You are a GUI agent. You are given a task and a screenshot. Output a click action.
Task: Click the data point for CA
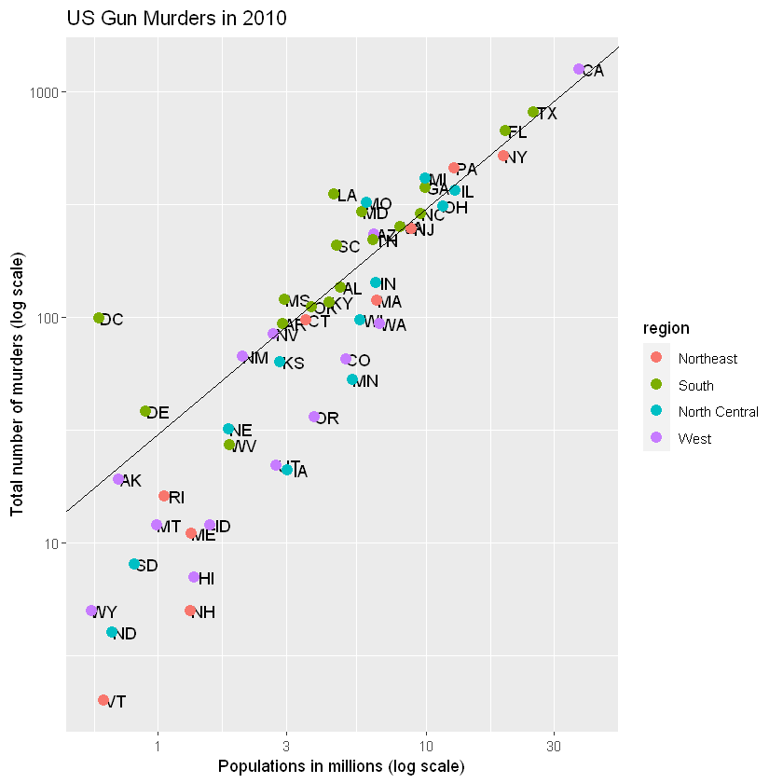pyautogui.click(x=579, y=69)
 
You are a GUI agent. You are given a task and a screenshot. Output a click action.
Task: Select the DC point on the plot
pyautogui.click(x=99, y=318)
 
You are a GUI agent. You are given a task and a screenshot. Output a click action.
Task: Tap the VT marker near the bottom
pyautogui.click(x=103, y=700)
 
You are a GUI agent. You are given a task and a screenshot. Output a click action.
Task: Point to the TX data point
pyautogui.click(x=533, y=112)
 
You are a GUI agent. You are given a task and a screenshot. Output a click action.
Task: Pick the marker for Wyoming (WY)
pyautogui.click(x=91, y=611)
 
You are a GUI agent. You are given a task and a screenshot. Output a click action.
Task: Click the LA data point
pyautogui.click(x=334, y=194)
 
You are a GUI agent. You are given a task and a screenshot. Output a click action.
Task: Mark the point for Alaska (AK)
pyautogui.click(x=118, y=479)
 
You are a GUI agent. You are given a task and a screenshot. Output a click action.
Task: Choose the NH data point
pyautogui.click(x=190, y=611)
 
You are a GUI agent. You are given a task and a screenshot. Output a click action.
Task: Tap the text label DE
pyautogui.click(x=158, y=412)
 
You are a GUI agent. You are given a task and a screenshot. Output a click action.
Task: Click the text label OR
pyautogui.click(x=327, y=419)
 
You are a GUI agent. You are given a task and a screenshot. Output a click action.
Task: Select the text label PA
pyautogui.click(x=467, y=170)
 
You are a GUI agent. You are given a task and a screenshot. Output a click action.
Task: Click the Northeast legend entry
pyautogui.click(x=707, y=358)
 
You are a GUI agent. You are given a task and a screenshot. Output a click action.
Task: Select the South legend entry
pyautogui.click(x=696, y=385)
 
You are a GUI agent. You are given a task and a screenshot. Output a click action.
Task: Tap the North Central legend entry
pyautogui.click(x=718, y=411)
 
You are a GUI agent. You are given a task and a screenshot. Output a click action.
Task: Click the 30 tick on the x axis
pyautogui.click(x=555, y=747)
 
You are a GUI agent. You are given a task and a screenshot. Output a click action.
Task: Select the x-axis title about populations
pyautogui.click(x=341, y=767)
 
